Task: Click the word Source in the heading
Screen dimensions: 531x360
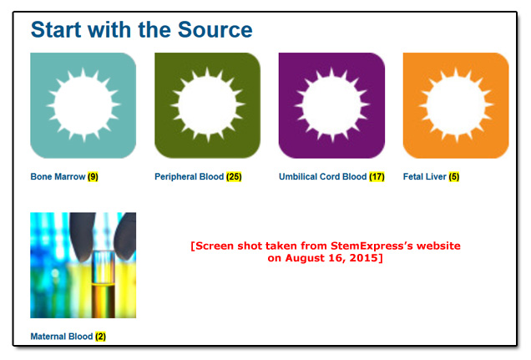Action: [215, 30]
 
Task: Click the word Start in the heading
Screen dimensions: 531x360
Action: [56, 30]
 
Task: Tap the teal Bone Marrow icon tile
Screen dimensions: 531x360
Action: [83, 105]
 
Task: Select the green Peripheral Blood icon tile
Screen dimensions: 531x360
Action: [208, 105]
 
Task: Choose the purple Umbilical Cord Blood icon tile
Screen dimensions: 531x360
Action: [332, 105]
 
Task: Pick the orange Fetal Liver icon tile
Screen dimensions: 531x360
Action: [456, 105]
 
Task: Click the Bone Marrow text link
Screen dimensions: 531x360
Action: [58, 176]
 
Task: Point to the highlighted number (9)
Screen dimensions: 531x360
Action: [93, 176]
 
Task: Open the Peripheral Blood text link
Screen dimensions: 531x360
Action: [189, 176]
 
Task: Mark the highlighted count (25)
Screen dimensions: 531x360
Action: [234, 176]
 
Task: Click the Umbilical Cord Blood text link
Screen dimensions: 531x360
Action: [323, 176]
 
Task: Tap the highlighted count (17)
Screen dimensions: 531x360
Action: [377, 176]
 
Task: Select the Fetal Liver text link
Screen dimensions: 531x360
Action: [425, 176]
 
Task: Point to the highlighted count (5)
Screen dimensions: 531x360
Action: [454, 176]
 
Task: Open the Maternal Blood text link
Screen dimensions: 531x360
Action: [62, 337]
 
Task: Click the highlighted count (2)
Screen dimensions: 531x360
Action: [100, 337]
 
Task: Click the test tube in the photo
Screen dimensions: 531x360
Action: [104, 284]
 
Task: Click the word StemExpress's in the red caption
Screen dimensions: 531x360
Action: [372, 246]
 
